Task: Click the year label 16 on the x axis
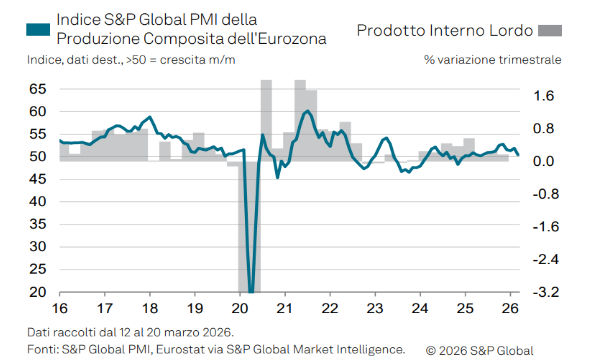pyautogui.click(x=60, y=308)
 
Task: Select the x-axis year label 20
pyautogui.click(x=240, y=308)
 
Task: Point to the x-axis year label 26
pyautogui.click(x=509, y=308)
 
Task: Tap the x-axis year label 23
pyautogui.click(x=375, y=308)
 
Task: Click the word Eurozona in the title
pyautogui.click(x=293, y=38)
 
